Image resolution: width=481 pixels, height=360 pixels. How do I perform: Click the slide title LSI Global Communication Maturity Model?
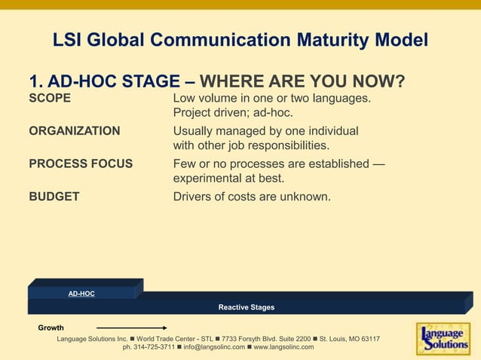(x=240, y=39)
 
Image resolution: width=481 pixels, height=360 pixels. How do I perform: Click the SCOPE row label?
(x=50, y=99)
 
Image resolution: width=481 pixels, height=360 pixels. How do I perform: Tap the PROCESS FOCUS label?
(x=81, y=163)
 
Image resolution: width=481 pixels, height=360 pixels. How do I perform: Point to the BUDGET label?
(x=54, y=197)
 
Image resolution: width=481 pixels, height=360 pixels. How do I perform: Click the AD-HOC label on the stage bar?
(x=81, y=293)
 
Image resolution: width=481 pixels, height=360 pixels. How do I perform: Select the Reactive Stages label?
(x=247, y=307)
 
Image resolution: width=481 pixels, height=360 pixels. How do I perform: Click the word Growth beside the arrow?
(x=51, y=328)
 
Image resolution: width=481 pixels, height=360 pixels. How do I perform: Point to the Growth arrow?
(x=131, y=328)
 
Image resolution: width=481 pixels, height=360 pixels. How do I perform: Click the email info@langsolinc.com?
(x=214, y=347)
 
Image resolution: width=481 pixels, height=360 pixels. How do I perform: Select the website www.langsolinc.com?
(x=283, y=347)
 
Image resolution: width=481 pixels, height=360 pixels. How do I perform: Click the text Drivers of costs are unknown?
(x=252, y=197)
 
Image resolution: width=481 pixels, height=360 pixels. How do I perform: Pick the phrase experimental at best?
(x=228, y=178)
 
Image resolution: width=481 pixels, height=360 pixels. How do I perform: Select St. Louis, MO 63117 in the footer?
(x=349, y=339)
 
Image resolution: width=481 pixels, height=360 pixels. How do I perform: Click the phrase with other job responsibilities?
(x=251, y=145)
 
